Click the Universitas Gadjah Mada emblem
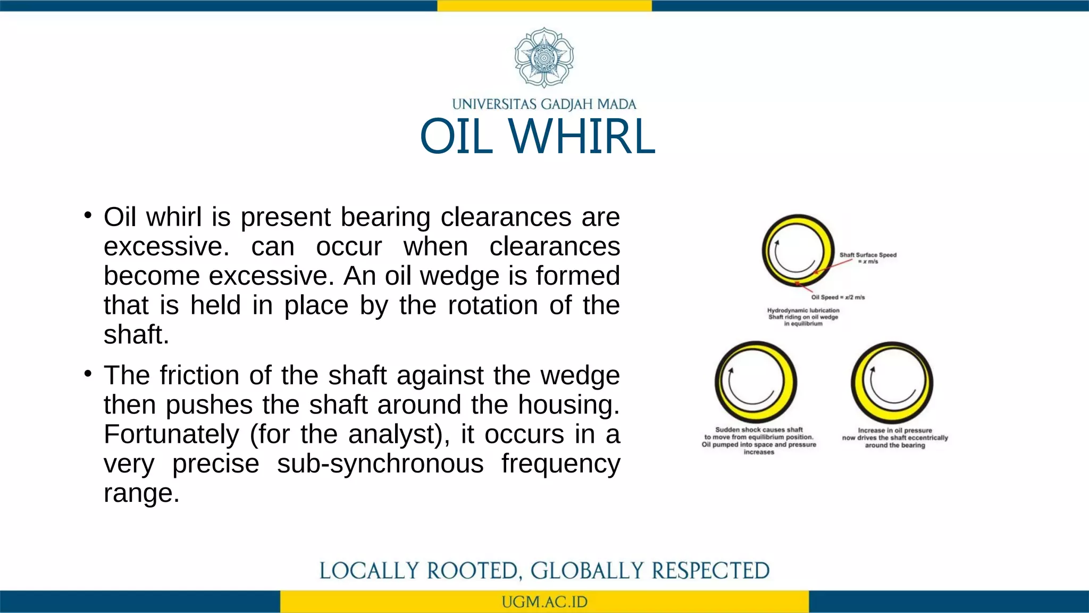coord(543,57)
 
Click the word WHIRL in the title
coord(582,137)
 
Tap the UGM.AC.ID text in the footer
coord(544,602)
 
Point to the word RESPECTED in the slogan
coord(710,571)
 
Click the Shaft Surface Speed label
coord(868,258)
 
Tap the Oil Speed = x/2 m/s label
coord(838,297)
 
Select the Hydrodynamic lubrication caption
coord(803,317)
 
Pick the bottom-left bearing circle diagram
coord(756,382)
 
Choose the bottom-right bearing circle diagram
coord(892,382)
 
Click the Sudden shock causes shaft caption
coord(759,441)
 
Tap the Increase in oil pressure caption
coord(895,438)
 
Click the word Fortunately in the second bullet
coord(171,434)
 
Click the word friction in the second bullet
coord(199,375)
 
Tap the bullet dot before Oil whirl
coord(88,216)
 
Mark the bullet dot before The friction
coord(88,374)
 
